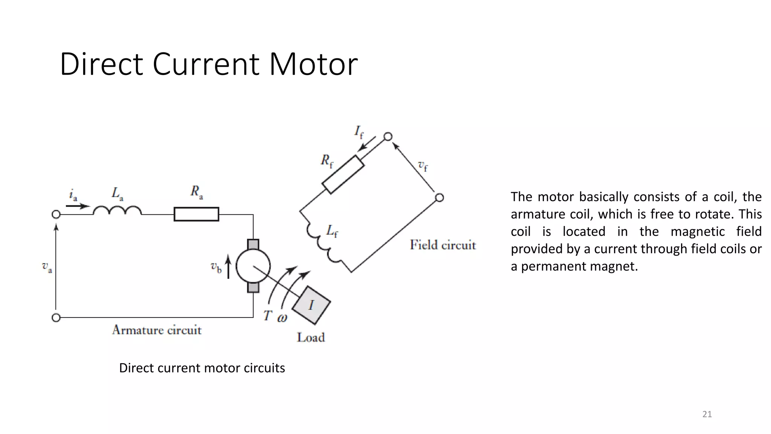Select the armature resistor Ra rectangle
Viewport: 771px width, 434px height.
(196, 214)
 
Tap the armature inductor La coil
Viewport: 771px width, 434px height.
(117, 211)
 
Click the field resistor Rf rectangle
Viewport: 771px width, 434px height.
(343, 174)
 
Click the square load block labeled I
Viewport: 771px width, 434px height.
(311, 305)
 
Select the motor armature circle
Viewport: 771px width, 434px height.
(253, 266)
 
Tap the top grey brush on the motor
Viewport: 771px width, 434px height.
(253, 245)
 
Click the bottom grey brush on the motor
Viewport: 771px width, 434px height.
(253, 287)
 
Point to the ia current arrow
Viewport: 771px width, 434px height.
(78, 206)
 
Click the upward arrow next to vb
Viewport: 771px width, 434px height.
(228, 266)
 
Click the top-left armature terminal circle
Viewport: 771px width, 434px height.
(56, 214)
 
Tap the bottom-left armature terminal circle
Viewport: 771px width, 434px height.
(56, 318)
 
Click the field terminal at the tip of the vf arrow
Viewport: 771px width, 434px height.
(388, 136)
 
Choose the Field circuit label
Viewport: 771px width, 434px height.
(443, 245)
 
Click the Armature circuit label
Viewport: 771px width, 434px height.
(157, 330)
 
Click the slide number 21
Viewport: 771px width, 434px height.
(707, 414)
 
